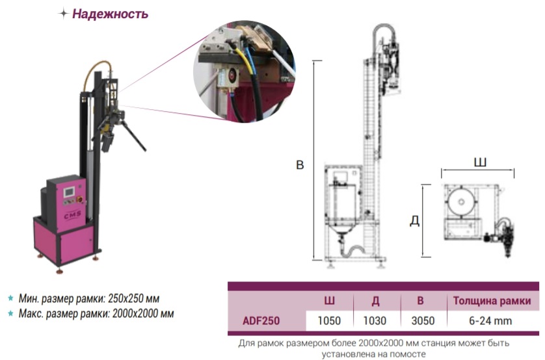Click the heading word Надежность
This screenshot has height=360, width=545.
110,14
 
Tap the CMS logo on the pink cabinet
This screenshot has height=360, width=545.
72,215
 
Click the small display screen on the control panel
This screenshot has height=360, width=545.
69,192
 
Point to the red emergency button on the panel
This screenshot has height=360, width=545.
79,199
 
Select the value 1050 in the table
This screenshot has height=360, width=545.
329,321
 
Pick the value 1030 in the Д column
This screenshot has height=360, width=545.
375,321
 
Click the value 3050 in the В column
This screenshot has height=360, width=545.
423,321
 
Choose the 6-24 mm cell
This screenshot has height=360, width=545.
490,321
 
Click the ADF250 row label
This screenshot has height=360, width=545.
261,321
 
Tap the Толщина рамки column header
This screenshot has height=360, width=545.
492,301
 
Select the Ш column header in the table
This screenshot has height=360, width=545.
329,301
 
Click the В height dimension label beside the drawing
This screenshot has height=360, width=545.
300,165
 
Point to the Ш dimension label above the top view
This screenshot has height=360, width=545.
480,162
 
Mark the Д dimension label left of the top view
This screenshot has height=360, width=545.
415,220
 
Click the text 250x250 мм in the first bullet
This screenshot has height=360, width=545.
134,298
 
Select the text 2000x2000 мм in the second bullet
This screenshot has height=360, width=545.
143,314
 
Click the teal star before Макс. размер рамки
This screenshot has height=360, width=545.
11,313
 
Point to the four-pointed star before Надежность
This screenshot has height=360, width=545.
63,14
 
